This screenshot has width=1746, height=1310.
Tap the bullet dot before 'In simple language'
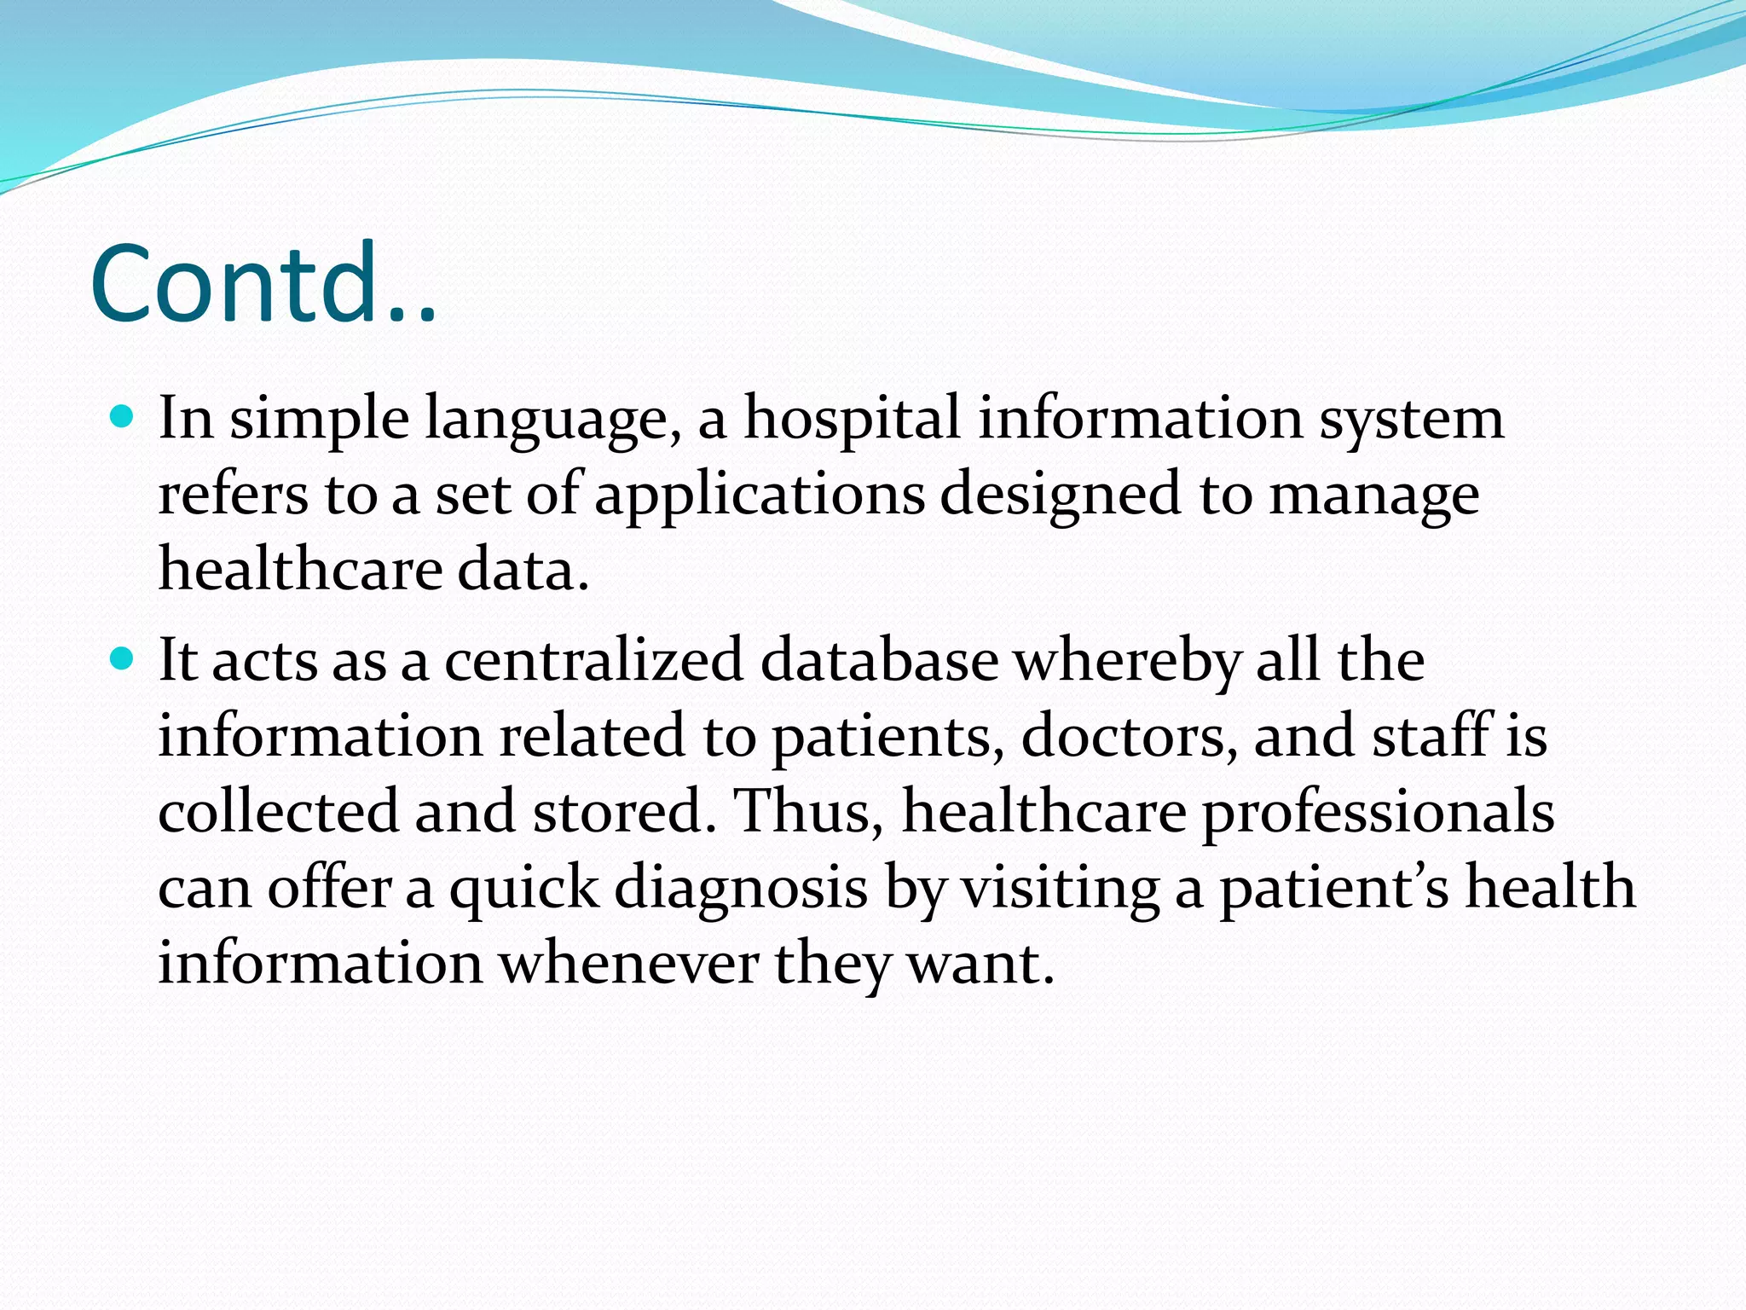point(124,417)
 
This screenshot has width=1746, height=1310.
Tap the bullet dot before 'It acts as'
point(124,659)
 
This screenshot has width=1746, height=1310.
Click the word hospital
point(853,420)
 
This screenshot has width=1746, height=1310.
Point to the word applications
point(759,496)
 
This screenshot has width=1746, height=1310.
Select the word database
point(879,661)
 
